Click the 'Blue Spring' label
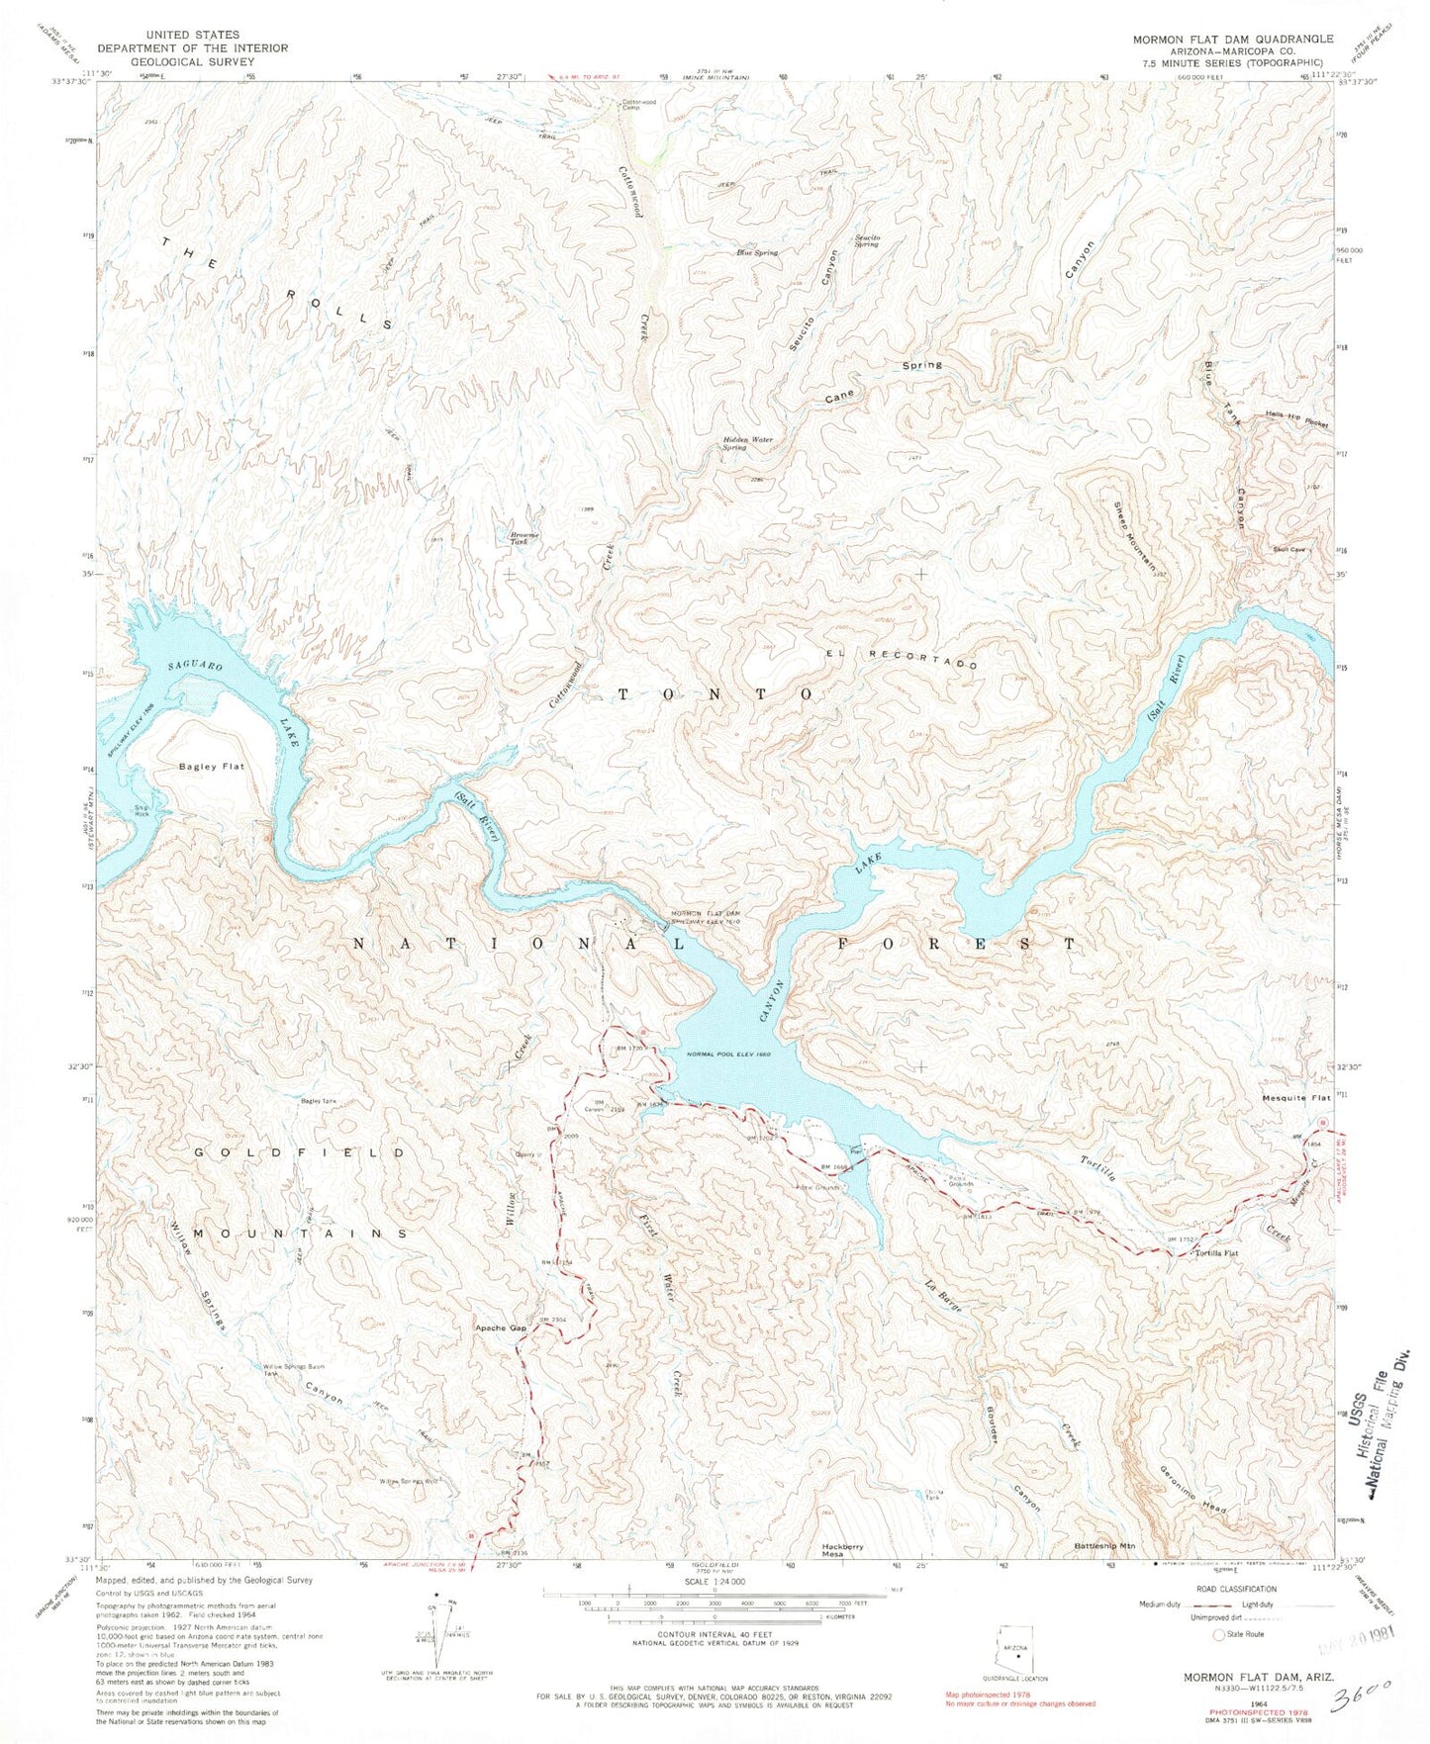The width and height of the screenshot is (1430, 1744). point(756,253)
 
